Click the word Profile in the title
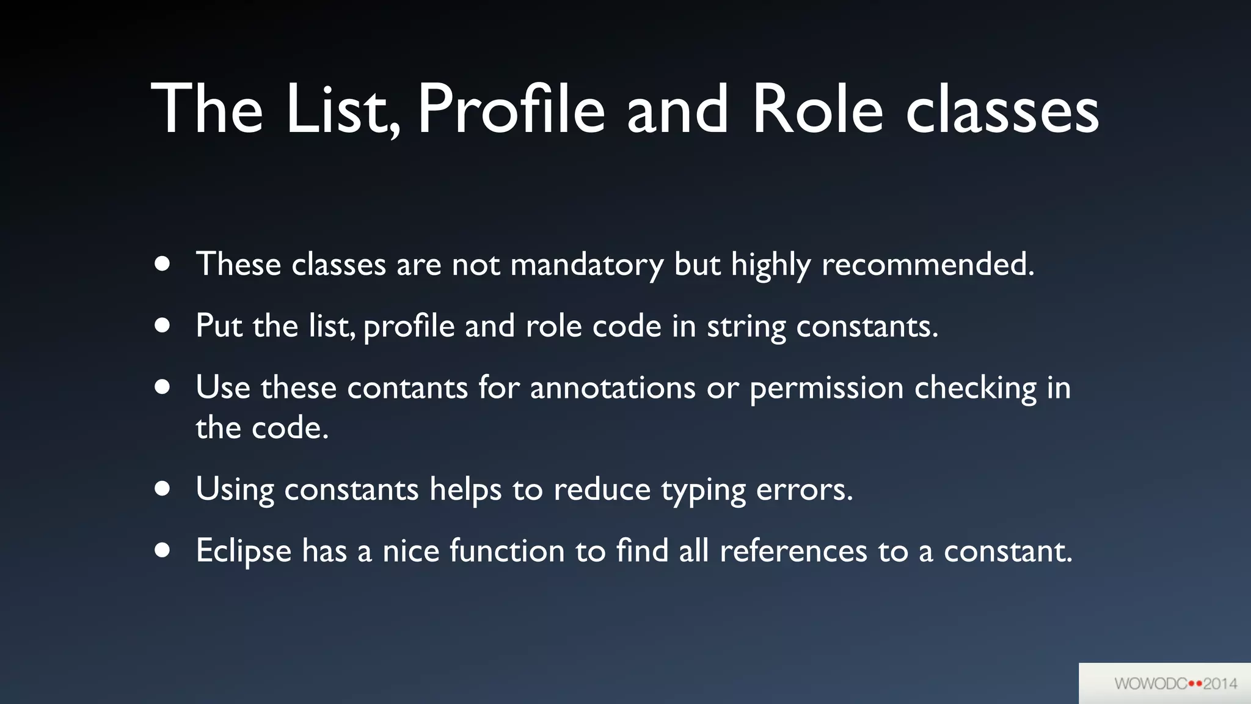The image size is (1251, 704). click(x=511, y=110)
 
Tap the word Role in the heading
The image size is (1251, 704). click(x=817, y=110)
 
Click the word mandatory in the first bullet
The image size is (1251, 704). click(x=586, y=265)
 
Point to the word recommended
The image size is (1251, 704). click(x=927, y=265)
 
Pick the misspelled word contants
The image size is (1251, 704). click(x=407, y=388)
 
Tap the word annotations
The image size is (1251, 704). click(x=612, y=388)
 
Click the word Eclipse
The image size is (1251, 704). click(x=243, y=551)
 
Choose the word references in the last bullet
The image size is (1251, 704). click(x=793, y=551)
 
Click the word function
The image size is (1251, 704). click(x=507, y=551)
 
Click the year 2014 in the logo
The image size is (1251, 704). click(x=1220, y=684)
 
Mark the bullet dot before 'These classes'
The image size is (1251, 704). click(x=162, y=264)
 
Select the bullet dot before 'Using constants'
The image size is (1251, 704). click(x=162, y=489)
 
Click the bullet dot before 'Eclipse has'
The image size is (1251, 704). click(x=162, y=550)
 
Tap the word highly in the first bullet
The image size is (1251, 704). click(x=771, y=265)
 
